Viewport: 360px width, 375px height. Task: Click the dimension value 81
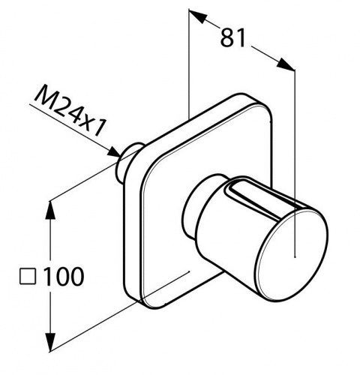pos(233,37)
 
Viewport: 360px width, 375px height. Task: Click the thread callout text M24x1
pos(69,111)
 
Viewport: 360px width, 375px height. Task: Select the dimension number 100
pos(64,277)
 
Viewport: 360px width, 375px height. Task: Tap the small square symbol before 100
pos(28,277)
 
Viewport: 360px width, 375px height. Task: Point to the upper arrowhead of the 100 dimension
pos(51,211)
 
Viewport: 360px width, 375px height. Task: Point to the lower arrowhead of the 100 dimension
pos(51,342)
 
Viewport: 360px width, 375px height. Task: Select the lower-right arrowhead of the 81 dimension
pos(286,64)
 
